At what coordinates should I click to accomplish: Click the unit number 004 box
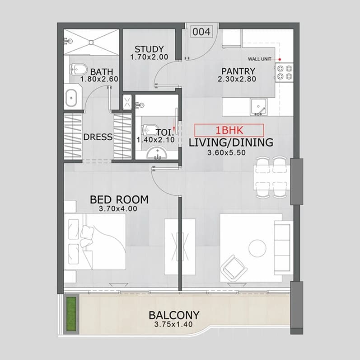[x=201, y=32]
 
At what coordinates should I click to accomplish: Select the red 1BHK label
[x=229, y=130]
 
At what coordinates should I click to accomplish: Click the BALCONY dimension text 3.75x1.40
[x=173, y=324]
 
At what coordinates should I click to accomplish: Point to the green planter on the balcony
[x=71, y=314]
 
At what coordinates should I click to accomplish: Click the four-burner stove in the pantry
[x=285, y=72]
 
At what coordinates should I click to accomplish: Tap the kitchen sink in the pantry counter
[x=258, y=107]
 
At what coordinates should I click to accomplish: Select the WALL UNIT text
[x=259, y=59]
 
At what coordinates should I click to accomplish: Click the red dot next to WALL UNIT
[x=280, y=60]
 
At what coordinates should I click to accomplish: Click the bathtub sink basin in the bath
[x=71, y=98]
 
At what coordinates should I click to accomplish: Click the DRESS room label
[x=98, y=137]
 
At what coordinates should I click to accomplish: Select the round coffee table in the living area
[x=257, y=248]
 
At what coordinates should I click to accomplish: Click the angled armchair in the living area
[x=234, y=267]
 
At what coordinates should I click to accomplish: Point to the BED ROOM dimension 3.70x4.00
[x=118, y=209]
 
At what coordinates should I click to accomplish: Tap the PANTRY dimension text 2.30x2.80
[x=237, y=79]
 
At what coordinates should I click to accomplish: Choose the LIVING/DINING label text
[x=231, y=142]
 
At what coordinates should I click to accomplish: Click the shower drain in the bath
[x=91, y=42]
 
